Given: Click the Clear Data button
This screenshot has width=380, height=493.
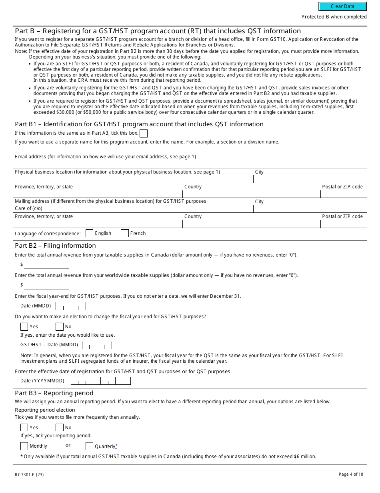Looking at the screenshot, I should [342, 6].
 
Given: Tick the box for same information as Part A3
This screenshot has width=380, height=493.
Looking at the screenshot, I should [143, 133].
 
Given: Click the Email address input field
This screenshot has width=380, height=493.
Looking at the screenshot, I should [190, 163].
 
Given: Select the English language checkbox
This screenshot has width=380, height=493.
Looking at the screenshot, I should [90, 233].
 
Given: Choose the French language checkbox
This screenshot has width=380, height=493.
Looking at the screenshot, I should [125, 233].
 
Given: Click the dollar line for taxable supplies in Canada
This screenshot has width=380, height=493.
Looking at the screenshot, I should [46, 265].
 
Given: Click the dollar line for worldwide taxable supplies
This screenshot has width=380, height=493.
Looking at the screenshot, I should [46, 285].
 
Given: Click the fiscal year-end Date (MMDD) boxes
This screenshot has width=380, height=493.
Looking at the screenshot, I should [71, 306].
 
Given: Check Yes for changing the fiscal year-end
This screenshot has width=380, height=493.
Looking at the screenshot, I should [24, 327].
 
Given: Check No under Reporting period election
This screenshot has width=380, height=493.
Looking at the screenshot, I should [60, 428].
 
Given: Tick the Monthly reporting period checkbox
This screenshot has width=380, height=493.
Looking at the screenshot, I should [24, 446].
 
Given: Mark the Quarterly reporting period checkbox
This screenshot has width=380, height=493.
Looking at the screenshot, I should [90, 446].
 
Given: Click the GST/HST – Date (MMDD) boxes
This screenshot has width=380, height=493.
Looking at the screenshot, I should [97, 345].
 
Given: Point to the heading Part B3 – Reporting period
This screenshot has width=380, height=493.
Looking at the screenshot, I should [54, 393].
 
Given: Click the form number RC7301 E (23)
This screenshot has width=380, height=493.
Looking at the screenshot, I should [30, 475].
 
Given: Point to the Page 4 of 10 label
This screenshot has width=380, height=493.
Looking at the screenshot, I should [351, 475].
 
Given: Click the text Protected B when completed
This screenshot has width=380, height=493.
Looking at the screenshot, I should [334, 17].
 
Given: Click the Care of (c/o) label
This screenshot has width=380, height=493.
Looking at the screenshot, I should [28, 208].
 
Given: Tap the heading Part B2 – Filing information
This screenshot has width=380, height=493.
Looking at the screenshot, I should [55, 246].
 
